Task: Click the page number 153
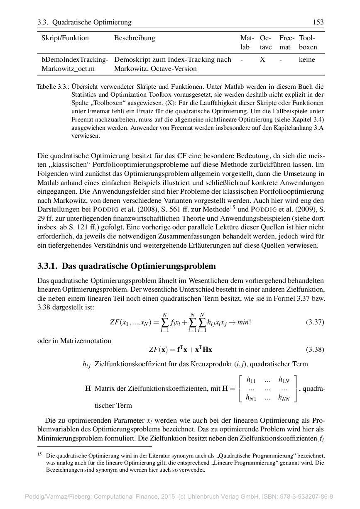pos(318,22)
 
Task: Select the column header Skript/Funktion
pos(65,38)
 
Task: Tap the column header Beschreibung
pos(135,38)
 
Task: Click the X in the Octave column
pos(262,60)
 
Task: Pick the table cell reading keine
pos(307,60)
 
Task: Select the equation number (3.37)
pos(315,322)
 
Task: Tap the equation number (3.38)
pos(315,349)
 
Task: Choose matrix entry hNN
pos(284,398)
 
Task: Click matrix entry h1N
pos(284,379)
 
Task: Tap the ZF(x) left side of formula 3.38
pos(158,349)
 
